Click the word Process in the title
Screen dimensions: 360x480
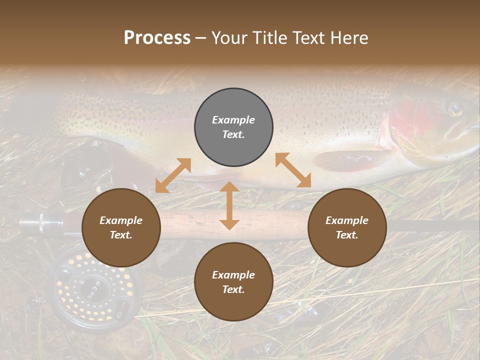coord(157,38)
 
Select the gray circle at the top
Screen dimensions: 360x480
coord(233,127)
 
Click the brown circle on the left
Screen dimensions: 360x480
coord(121,227)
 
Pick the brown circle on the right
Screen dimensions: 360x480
coord(347,227)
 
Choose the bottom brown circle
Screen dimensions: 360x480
coord(233,282)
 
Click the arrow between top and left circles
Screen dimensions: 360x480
coord(173,175)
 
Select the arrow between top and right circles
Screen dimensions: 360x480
coord(293,170)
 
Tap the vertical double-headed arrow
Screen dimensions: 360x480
coord(229,205)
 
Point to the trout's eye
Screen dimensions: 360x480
coord(454,108)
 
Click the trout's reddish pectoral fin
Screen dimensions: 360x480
coord(350,160)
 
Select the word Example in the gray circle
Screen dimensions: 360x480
coord(233,120)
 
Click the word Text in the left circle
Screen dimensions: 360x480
coord(121,235)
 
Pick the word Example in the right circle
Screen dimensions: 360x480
coord(347,220)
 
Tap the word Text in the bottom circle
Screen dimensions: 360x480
coord(233,289)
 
